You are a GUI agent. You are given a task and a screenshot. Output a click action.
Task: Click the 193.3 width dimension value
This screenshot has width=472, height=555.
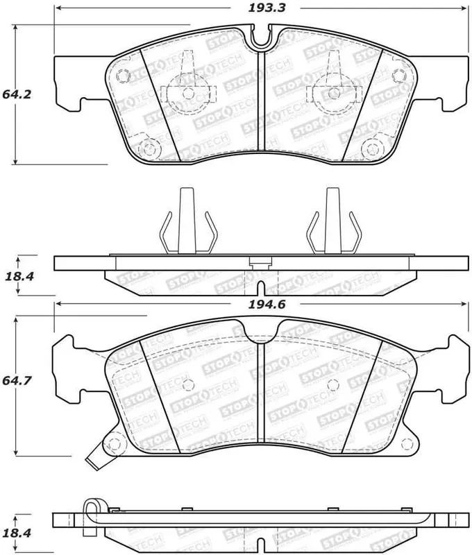click(x=258, y=8)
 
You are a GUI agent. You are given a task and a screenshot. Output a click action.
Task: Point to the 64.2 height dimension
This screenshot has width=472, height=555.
click(x=18, y=94)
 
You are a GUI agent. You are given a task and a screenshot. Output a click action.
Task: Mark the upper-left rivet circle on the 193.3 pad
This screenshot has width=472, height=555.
click(x=125, y=76)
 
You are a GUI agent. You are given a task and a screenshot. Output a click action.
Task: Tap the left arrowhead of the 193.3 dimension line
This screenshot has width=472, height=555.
click(x=58, y=8)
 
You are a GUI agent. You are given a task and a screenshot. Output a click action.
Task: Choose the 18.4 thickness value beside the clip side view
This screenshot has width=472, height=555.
click(x=19, y=276)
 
